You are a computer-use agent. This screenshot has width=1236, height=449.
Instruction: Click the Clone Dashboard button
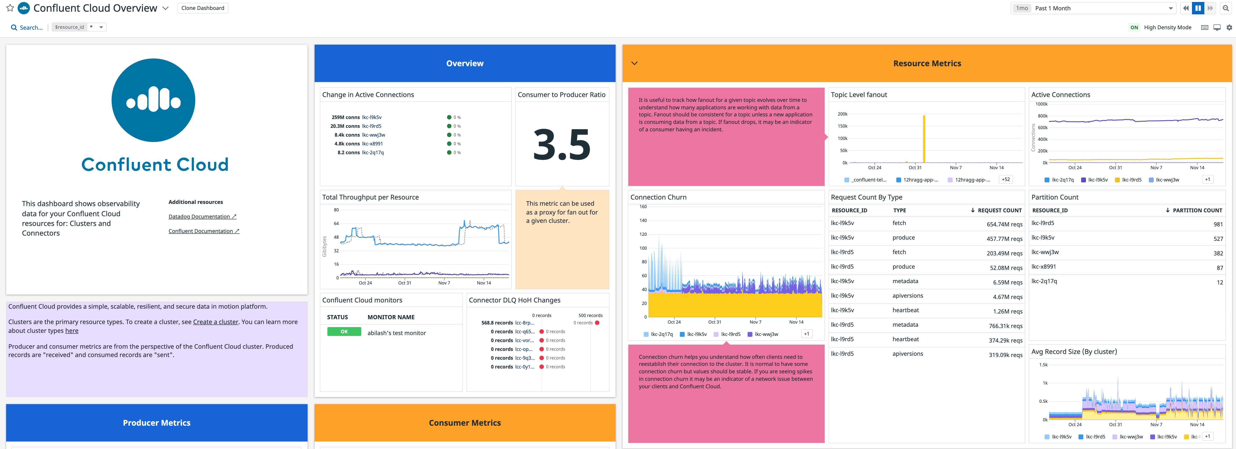click(202, 8)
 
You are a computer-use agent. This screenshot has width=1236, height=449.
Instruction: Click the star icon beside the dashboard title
click(10, 8)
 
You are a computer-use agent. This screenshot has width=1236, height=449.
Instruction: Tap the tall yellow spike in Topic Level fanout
click(924, 139)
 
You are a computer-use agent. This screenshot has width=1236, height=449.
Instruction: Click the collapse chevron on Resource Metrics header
click(634, 63)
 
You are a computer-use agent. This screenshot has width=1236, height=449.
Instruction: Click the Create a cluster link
click(215, 322)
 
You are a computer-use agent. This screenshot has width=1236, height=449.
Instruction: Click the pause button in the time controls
click(1198, 8)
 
